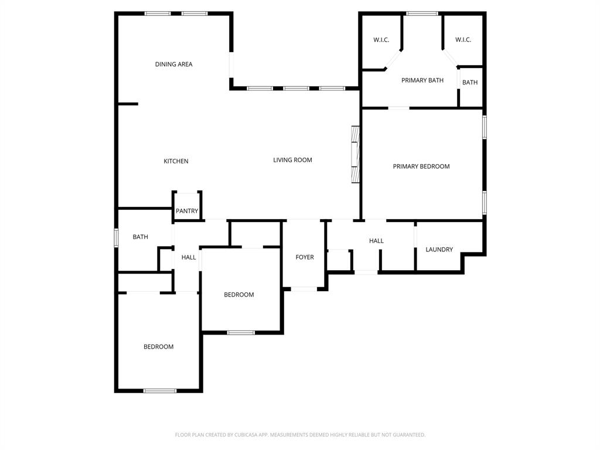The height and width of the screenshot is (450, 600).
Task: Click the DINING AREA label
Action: (x=173, y=64)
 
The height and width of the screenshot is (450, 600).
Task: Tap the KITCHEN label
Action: (x=176, y=161)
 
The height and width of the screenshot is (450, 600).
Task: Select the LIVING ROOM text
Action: (x=292, y=160)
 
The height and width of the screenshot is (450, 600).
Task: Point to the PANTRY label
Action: (x=187, y=211)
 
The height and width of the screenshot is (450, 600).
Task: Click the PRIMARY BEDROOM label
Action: (x=421, y=166)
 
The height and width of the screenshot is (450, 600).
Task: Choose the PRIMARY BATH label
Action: (x=422, y=80)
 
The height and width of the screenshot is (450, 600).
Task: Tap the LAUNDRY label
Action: (x=439, y=250)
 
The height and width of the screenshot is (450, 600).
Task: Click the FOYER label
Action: (x=304, y=257)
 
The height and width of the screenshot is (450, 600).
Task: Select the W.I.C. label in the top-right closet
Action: (x=463, y=40)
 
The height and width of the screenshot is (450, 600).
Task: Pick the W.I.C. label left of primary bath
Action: (x=381, y=40)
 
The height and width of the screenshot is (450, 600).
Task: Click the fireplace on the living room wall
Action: (x=354, y=155)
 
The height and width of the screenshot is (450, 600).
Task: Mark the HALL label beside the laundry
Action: (x=376, y=241)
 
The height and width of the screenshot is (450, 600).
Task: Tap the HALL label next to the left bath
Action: (x=189, y=257)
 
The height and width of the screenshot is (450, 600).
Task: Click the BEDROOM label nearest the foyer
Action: (x=239, y=295)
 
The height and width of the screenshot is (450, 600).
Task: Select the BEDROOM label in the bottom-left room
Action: (x=159, y=347)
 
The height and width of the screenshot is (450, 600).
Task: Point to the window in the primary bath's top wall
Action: (x=422, y=13)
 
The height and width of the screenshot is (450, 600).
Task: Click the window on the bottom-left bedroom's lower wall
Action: (x=159, y=391)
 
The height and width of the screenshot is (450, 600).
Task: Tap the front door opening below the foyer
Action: (x=304, y=288)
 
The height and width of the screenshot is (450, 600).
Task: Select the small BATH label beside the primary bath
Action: (x=470, y=83)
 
